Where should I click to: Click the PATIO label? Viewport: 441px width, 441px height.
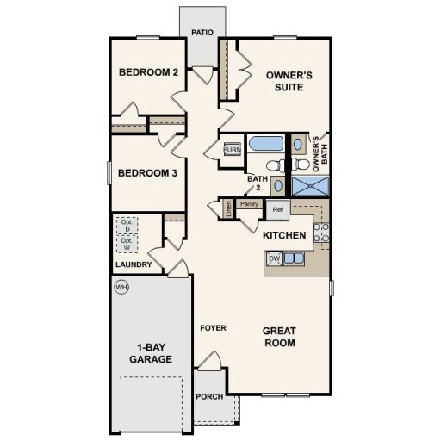[x=203, y=33]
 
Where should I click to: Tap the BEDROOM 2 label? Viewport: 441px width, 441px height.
[x=148, y=72]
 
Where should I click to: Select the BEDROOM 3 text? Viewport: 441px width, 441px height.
[x=147, y=173]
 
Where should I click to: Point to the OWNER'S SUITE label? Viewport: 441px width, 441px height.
[x=289, y=81]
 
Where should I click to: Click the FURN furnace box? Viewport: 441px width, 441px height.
[x=232, y=150]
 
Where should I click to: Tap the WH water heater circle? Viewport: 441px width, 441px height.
[x=121, y=288]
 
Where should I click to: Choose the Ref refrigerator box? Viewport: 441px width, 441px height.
[x=277, y=208]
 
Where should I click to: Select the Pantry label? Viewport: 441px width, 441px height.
[x=251, y=204]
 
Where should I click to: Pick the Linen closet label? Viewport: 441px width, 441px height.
[x=228, y=207]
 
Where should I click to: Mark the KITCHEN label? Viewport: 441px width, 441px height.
[x=284, y=235]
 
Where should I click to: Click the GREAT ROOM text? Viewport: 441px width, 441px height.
[x=279, y=336]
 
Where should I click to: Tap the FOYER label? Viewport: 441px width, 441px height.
[x=213, y=328]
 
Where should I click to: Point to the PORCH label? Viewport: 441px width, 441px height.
[x=209, y=397]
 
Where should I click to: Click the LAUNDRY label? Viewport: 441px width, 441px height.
[x=134, y=264]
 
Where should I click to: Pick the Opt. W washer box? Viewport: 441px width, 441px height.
[x=126, y=245]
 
